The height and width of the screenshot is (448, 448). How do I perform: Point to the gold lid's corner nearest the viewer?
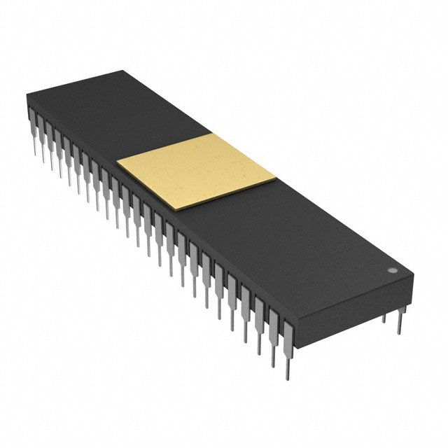[x=184, y=209]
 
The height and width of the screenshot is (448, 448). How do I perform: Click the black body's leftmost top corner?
[x=26, y=94]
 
